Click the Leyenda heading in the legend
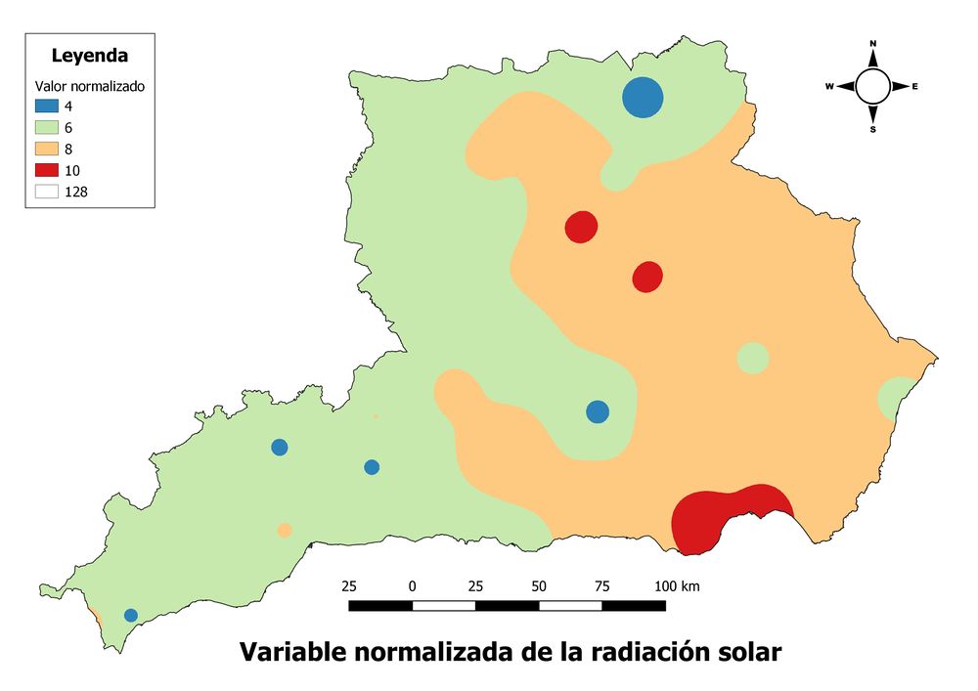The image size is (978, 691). click(x=90, y=55)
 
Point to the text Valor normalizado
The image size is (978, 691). click(x=90, y=86)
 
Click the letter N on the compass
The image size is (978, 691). click(x=873, y=44)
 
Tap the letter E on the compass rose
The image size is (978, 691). click(x=915, y=87)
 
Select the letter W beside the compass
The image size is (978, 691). click(x=829, y=87)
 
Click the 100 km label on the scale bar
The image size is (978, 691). click(x=677, y=586)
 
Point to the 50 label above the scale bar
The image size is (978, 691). click(x=539, y=586)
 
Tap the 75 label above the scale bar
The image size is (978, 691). click(x=601, y=586)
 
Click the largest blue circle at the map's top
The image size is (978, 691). click(x=643, y=98)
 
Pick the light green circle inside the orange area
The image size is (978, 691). click(x=752, y=358)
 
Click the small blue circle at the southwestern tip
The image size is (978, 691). click(x=131, y=615)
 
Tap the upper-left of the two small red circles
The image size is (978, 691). click(x=581, y=227)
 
